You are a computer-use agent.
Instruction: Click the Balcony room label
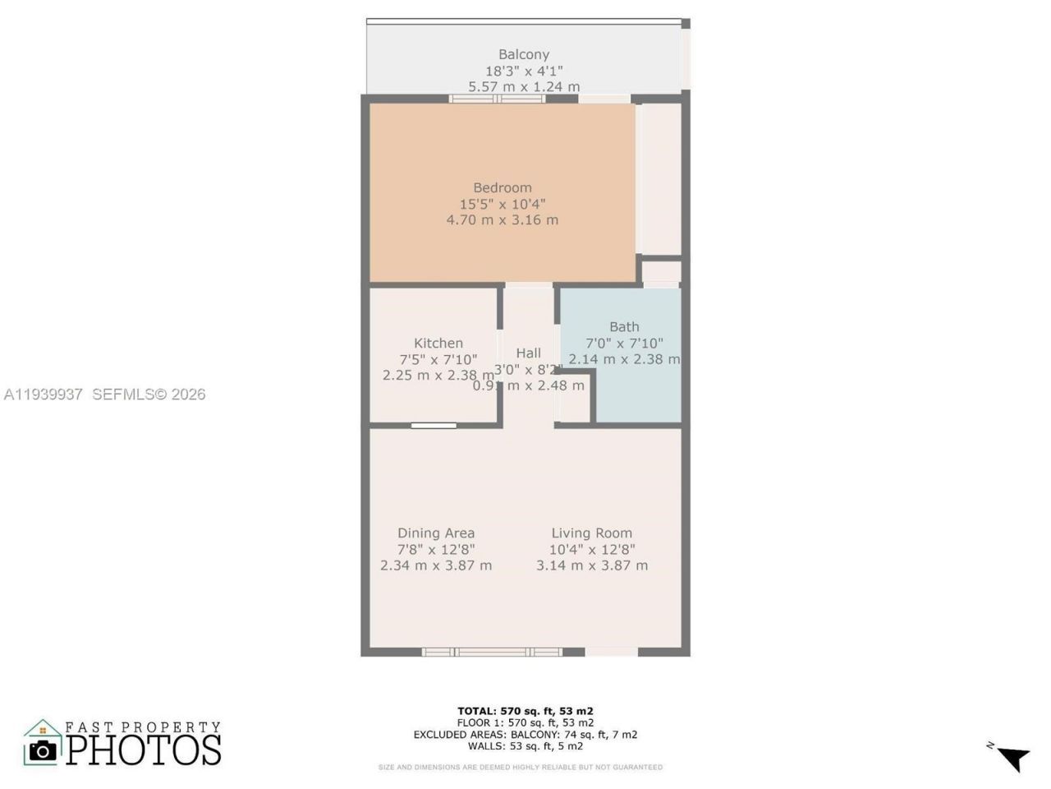click(x=524, y=55)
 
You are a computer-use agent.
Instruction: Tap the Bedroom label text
click(x=502, y=187)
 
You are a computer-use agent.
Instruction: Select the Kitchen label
click(x=438, y=343)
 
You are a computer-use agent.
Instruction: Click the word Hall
click(x=528, y=353)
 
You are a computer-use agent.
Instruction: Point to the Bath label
click(x=624, y=326)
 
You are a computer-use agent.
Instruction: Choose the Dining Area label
click(x=435, y=533)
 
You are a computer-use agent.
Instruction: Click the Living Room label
click(x=591, y=533)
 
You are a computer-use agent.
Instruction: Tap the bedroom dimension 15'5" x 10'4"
click(x=502, y=204)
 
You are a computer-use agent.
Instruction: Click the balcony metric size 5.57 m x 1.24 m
click(x=524, y=86)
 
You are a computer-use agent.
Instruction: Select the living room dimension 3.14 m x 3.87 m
click(x=591, y=565)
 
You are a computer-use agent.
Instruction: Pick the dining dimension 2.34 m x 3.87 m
click(x=435, y=565)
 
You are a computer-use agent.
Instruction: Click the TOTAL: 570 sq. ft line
click(x=525, y=711)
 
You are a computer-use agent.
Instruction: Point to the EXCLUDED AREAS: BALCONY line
click(x=525, y=734)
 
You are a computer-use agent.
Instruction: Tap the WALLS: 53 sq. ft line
click(x=525, y=745)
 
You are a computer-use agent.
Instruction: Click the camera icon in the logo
click(x=43, y=750)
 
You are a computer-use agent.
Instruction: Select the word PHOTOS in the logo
click(x=144, y=750)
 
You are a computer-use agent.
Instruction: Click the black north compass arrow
click(x=1013, y=756)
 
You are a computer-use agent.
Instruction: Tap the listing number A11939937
click(x=43, y=394)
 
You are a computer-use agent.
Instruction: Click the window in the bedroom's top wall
click(x=497, y=99)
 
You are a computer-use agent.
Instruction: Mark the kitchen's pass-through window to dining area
click(x=434, y=425)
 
